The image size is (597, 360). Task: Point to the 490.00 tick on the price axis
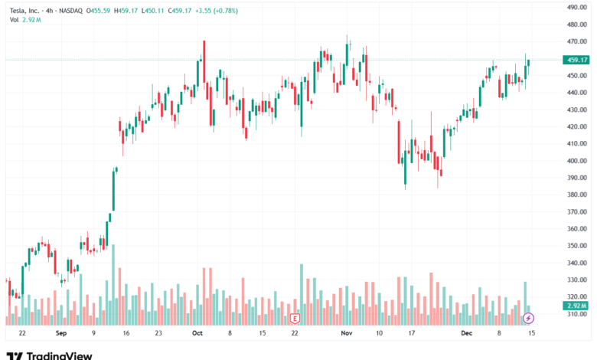point(576,7)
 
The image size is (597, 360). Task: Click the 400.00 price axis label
point(576,161)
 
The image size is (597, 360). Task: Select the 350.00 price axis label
point(576,246)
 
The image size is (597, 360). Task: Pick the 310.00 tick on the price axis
point(576,314)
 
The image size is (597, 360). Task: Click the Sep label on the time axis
point(61,333)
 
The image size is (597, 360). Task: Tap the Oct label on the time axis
point(197,333)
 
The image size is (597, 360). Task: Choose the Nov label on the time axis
point(346,333)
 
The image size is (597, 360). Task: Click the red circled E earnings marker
point(295,318)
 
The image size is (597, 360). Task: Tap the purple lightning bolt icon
point(527,318)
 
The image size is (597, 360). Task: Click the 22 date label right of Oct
point(295,333)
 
